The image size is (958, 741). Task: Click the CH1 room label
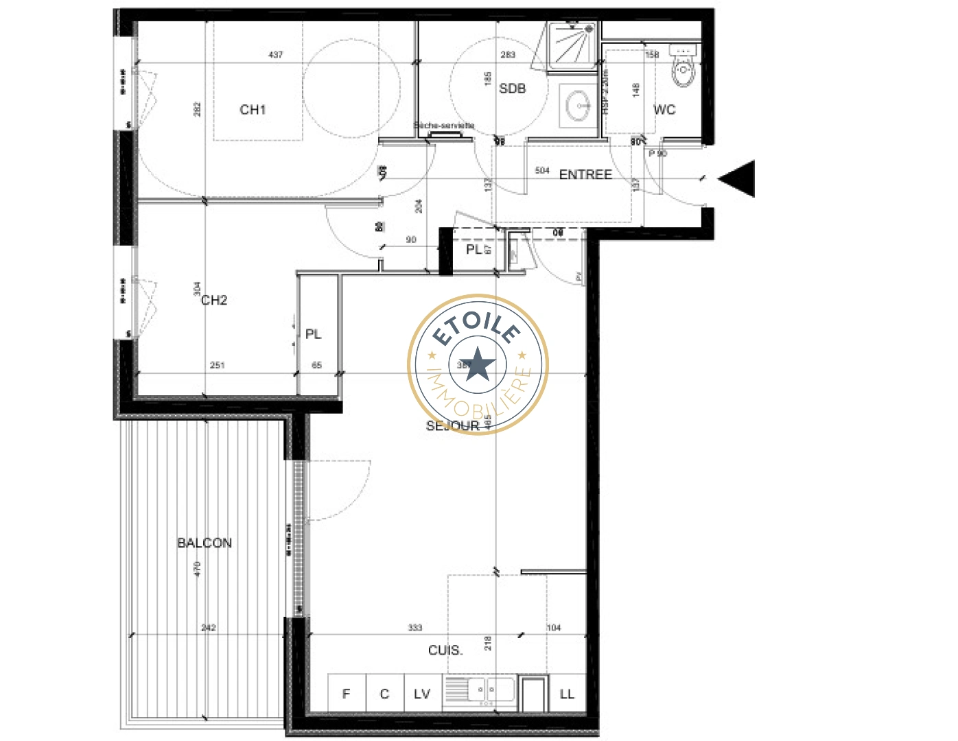click(253, 110)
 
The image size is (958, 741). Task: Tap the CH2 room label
click(214, 301)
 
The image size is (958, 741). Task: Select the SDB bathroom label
click(512, 89)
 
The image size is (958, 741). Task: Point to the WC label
click(664, 110)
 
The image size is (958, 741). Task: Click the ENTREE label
click(585, 175)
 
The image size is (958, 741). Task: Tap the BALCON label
click(205, 543)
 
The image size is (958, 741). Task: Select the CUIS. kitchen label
click(445, 650)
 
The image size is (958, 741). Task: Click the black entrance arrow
click(738, 178)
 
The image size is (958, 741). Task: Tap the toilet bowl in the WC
click(684, 69)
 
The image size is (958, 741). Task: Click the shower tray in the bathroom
click(572, 45)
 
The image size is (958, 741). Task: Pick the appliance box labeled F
click(347, 694)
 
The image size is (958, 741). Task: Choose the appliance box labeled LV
click(422, 694)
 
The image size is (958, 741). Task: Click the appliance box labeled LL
click(567, 694)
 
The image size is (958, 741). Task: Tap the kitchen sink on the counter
click(480, 690)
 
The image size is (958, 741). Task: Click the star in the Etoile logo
click(478, 364)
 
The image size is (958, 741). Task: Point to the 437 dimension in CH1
click(276, 55)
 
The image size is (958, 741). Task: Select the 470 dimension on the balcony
click(198, 569)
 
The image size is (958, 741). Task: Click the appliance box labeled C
click(384, 694)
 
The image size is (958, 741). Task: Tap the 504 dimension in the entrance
click(542, 171)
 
